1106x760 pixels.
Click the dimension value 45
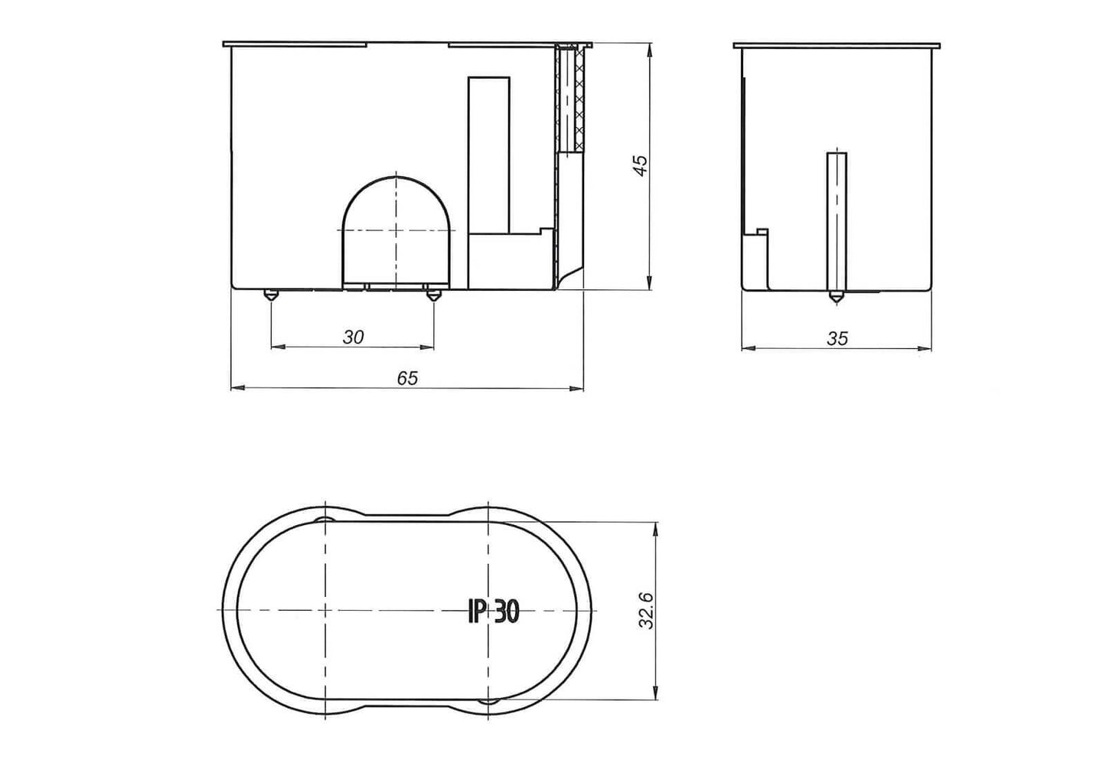click(x=641, y=165)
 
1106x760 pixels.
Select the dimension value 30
click(x=353, y=337)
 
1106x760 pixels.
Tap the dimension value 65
click(x=407, y=378)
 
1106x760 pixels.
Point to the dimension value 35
click(x=837, y=338)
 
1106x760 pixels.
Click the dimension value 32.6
click(x=647, y=611)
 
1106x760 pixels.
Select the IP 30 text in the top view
click(x=494, y=611)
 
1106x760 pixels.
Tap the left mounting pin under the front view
click(x=270, y=295)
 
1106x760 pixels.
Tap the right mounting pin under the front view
click(x=434, y=295)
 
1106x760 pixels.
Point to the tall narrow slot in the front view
click(x=489, y=153)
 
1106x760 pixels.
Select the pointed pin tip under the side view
click(x=837, y=298)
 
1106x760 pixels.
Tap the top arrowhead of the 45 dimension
click(x=650, y=49)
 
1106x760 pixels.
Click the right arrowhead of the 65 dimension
click(x=579, y=389)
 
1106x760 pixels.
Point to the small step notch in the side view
click(x=762, y=230)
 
